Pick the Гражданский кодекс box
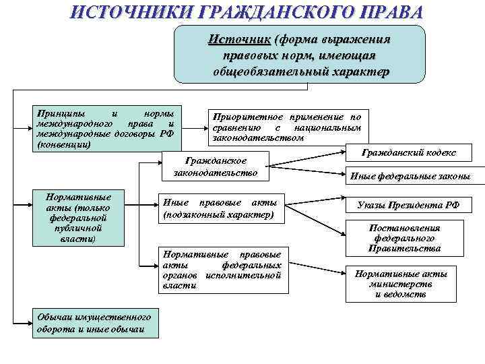408,154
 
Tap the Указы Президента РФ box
408,205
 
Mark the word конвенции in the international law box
64,145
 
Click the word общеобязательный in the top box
262,71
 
